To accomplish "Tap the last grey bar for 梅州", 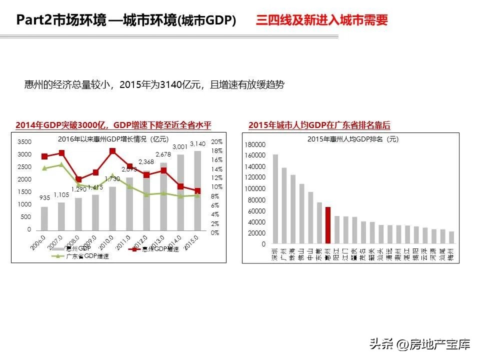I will click(x=451, y=237).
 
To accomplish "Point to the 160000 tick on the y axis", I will click(x=256, y=155).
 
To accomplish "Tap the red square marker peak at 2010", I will click(x=112, y=151).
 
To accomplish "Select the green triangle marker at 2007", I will click(x=61, y=164).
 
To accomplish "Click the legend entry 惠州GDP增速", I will click(x=160, y=248).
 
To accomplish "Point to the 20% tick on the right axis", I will click(x=216, y=142).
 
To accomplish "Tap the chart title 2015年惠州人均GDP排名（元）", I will click(x=353, y=139).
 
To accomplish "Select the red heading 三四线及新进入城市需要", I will click(x=322, y=20).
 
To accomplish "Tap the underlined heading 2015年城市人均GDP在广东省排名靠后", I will click(x=319, y=125).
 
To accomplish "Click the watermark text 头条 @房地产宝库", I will click(x=420, y=344).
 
